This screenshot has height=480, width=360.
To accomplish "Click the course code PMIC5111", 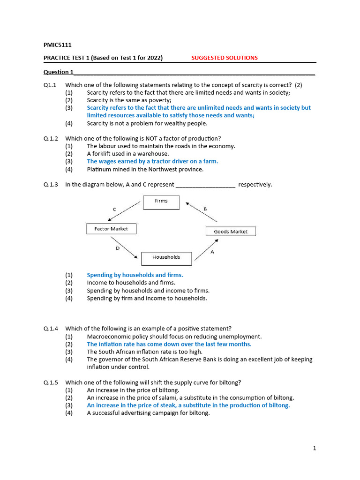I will click(58, 45).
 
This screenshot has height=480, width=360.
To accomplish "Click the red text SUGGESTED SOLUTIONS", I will click(224, 58).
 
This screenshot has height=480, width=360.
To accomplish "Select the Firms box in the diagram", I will click(161, 202).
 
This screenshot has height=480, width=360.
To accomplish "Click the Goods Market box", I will click(231, 232).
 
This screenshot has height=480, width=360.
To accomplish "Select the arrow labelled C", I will click(124, 211).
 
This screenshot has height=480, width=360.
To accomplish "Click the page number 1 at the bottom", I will click(315, 448).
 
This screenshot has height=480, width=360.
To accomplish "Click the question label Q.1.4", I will click(51, 328).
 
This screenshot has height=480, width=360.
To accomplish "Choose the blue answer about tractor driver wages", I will click(152, 161).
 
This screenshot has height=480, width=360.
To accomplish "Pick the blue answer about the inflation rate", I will click(169, 344).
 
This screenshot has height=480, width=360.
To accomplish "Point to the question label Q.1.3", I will click(51, 185).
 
